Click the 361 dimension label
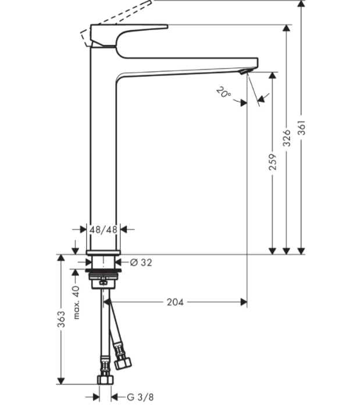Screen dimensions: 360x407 pyautogui.click(x=301, y=128)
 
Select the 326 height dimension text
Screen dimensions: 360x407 pyautogui.click(x=287, y=138)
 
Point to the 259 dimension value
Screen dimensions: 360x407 pyautogui.click(x=272, y=162)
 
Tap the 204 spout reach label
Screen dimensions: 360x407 pyautogui.click(x=175, y=302)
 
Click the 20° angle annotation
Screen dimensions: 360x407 pyautogui.click(x=223, y=92)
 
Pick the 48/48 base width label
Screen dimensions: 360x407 pyautogui.click(x=104, y=230)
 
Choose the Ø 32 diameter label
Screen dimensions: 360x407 pyautogui.click(x=141, y=262)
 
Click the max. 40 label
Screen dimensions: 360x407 pyautogui.click(x=77, y=302)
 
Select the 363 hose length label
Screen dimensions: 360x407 pyautogui.click(x=61, y=319)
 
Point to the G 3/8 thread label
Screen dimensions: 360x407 pyautogui.click(x=140, y=397)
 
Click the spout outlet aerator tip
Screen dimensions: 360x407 pyautogui.click(x=244, y=72)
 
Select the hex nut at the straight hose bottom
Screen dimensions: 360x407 pyautogui.click(x=106, y=380)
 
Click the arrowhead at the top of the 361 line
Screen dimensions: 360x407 pyautogui.click(x=301, y=3)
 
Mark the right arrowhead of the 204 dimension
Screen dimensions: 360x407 pyautogui.click(x=244, y=302)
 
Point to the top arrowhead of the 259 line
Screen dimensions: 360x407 pyautogui.click(x=272, y=75)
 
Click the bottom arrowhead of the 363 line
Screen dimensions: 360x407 pyautogui.click(x=60, y=381)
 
